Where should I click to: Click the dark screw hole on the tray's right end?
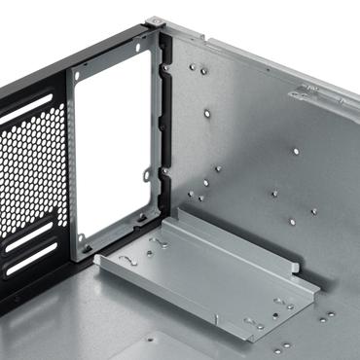[x=287, y=307]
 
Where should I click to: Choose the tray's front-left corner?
[x=100, y=260]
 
